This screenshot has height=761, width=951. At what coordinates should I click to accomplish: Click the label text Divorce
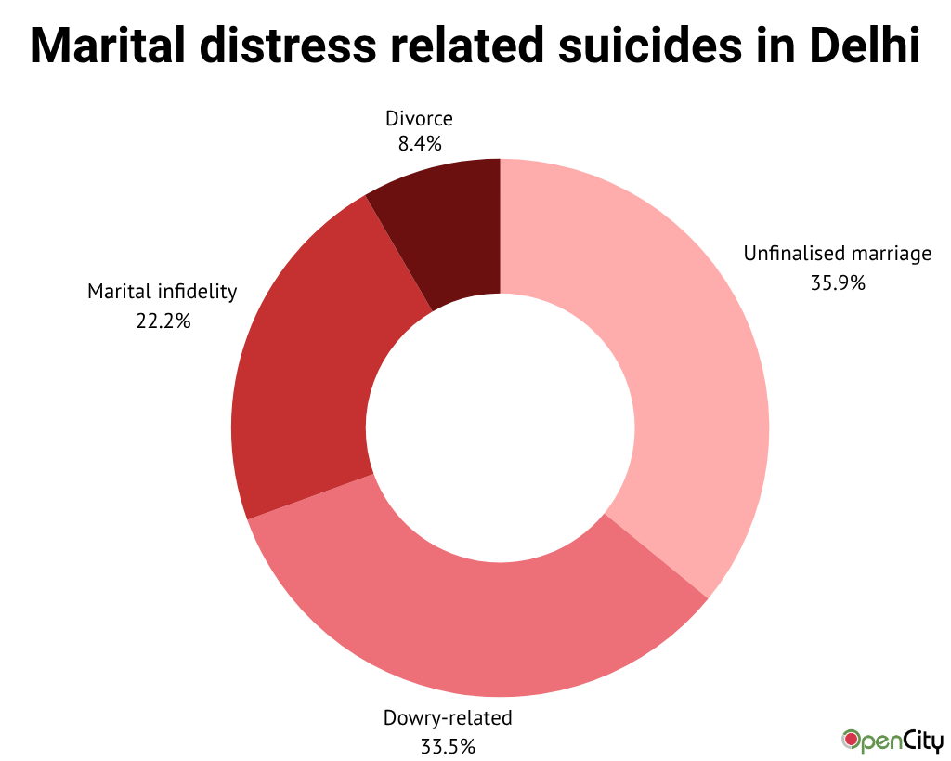pyautogui.click(x=419, y=119)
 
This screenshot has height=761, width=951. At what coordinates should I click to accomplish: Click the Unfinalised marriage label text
pyautogui.click(x=837, y=254)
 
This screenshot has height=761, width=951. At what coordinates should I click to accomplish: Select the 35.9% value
pyautogui.click(x=838, y=283)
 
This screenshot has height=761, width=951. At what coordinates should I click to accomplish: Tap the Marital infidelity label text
pyautogui.click(x=163, y=292)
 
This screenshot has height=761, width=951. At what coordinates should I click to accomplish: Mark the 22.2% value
pyautogui.click(x=163, y=321)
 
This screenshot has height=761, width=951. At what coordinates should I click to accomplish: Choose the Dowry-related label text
pyautogui.click(x=448, y=717)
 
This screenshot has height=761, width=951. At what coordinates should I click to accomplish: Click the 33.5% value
pyautogui.click(x=448, y=746)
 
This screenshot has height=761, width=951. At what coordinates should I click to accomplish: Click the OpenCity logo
pyautogui.click(x=892, y=741)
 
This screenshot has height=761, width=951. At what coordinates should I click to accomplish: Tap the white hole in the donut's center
pyautogui.click(x=501, y=427)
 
